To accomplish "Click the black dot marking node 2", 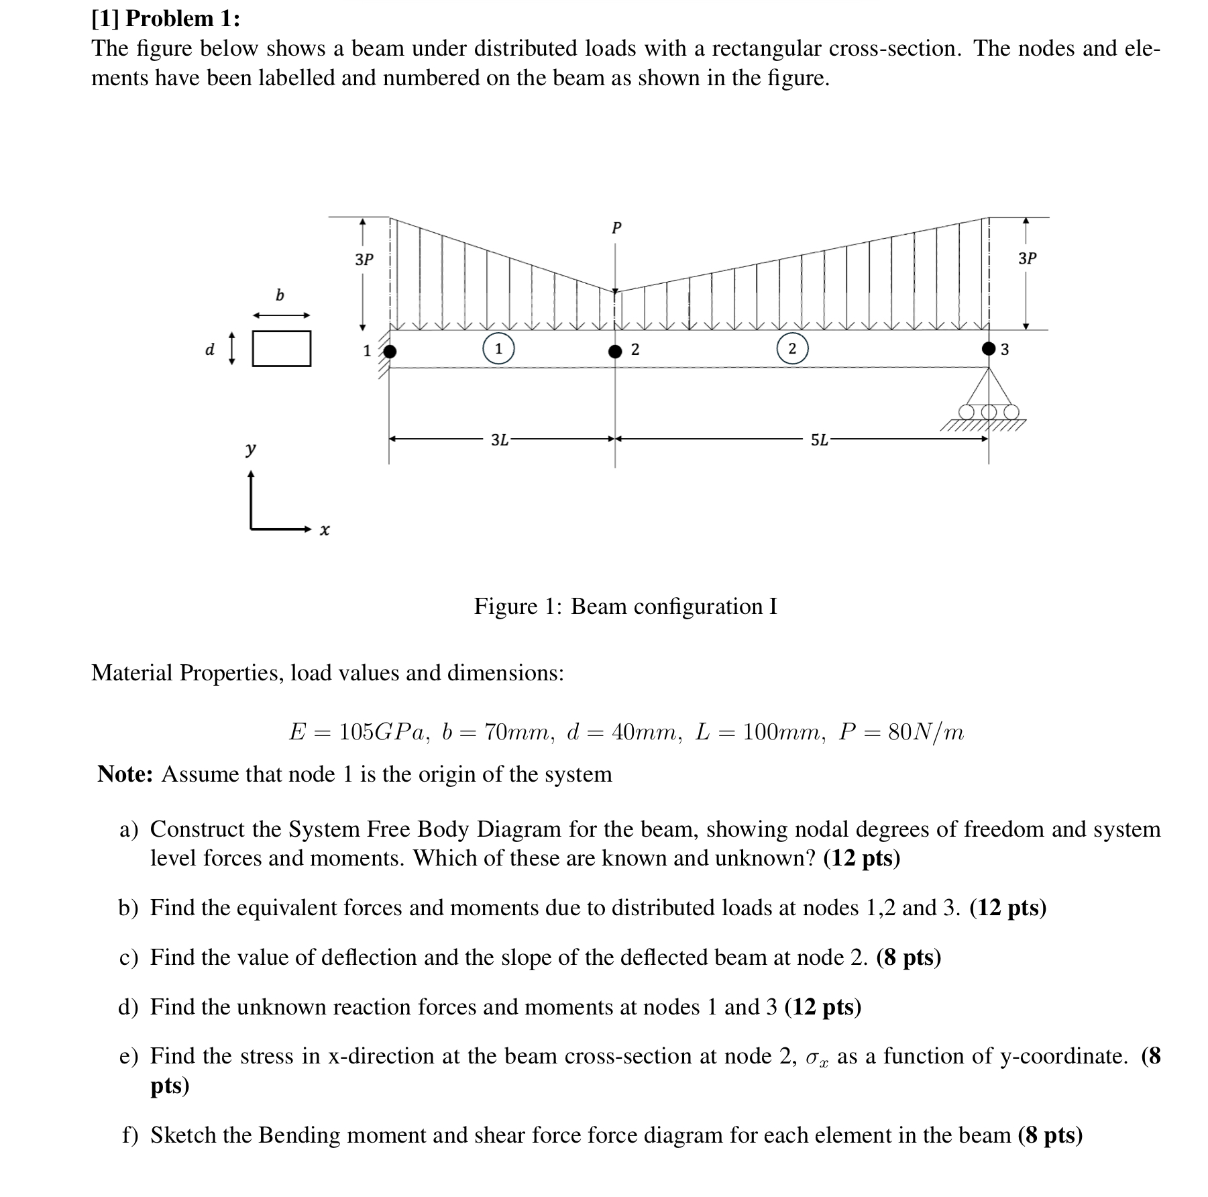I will tap(615, 351).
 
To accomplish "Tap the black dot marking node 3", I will tap(989, 348).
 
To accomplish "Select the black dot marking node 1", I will tap(389, 351).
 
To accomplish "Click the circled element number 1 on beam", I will tap(498, 348).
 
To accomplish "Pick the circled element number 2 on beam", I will tap(792, 348).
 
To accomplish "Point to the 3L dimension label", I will tap(500, 440).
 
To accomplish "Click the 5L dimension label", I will tap(819, 440).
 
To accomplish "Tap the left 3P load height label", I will tap(364, 260).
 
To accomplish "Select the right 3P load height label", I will tap(1027, 258).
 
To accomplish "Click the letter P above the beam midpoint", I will tap(616, 228).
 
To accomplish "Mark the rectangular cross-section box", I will tap(282, 349).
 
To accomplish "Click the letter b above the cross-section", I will tap(280, 295).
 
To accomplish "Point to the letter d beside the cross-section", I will tap(210, 350).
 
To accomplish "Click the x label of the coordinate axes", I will tap(325, 531).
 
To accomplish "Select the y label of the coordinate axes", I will tap(250, 448).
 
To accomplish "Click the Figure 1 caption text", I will tap(625, 607).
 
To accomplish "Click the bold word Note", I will tap(125, 774).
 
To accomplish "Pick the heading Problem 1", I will tap(182, 19).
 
